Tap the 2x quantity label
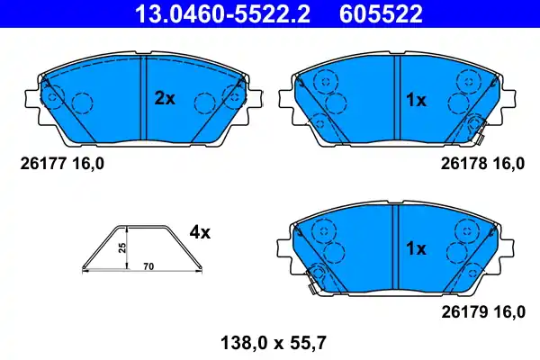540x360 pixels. pos(165,100)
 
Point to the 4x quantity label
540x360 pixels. pos(199,232)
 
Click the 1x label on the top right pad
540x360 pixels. pos(416,101)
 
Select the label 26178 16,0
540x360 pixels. pos(481,164)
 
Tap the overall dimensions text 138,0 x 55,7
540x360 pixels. pos(270,341)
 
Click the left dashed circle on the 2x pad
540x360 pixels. pos(83,104)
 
